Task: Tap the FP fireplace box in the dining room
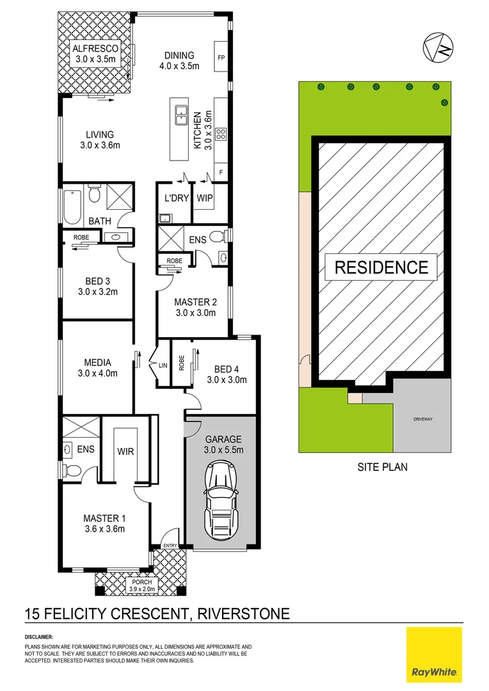(x=221, y=58)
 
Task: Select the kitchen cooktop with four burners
(x=221, y=134)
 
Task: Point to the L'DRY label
(x=177, y=198)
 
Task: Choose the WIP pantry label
(x=205, y=198)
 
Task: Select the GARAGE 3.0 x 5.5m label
(x=223, y=444)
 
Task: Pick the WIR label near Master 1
(x=125, y=450)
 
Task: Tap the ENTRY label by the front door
(x=170, y=546)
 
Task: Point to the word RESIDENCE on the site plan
(x=381, y=266)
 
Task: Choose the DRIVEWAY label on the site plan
(x=423, y=420)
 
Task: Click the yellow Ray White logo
(x=435, y=654)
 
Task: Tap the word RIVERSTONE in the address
(x=244, y=615)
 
